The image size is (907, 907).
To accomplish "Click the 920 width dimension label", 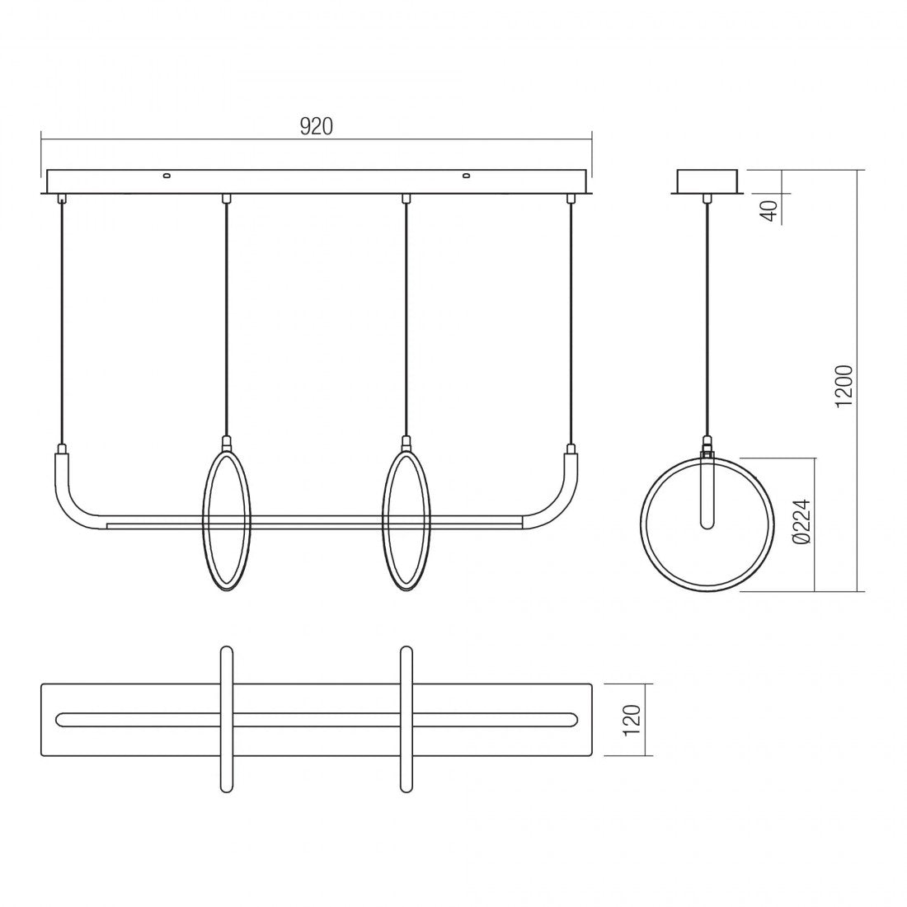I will coord(315,126).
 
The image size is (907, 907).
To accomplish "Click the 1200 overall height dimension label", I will coord(844,385).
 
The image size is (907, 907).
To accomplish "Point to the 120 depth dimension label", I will coord(632,719).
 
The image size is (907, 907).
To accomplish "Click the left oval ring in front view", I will coord(207,520).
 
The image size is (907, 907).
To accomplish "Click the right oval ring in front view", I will coord(388,520).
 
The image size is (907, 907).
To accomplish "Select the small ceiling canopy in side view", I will coord(708,181).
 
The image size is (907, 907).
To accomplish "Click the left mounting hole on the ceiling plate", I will coord(167,176).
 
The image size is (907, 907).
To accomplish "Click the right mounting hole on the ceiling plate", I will coord(466,176).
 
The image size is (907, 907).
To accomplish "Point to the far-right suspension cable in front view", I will coord(570,322).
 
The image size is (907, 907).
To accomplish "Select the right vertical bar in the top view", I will coord(406,719).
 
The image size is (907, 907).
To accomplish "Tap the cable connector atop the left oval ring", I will coord(226,443).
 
